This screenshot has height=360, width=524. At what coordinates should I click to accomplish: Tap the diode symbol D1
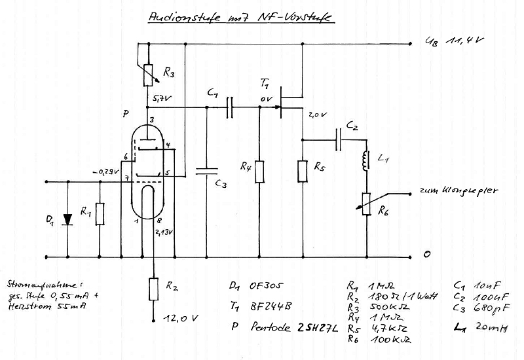tap(66, 219)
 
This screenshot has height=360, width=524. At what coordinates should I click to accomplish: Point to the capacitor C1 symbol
tap(229, 107)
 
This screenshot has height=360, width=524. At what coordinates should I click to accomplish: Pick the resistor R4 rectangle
tap(259, 171)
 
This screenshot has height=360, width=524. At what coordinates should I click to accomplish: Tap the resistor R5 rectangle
tap(302, 171)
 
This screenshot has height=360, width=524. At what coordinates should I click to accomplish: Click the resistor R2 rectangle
tap(153, 289)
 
